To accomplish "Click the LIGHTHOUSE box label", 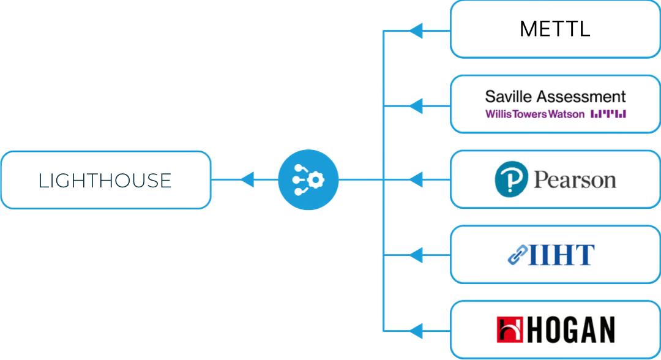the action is pos(105,181).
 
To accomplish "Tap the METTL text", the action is pos(555,29).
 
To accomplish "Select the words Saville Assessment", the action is pos(555,97).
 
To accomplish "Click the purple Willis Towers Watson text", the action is pos(534,114).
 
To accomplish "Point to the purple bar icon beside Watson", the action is pos(608,114).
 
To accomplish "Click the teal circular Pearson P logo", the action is pos(511,179).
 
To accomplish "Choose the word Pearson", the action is pos(575,179).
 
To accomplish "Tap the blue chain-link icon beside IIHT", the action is pos(518,255).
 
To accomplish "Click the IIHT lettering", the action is pos(561,255).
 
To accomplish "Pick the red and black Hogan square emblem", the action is pos(510,329).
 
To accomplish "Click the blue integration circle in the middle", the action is pos(308,179).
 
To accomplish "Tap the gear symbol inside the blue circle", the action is pos(315,180).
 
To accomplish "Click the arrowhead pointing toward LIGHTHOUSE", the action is pos(247,179).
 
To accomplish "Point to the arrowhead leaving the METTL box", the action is pos(416,31).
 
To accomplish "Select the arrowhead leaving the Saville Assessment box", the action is pos(416,106).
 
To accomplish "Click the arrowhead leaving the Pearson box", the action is pos(416,179).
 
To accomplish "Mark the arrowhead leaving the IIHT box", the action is pos(416,255).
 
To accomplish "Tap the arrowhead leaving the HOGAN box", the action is pos(416,331).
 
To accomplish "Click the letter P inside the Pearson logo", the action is pos(512,179).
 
